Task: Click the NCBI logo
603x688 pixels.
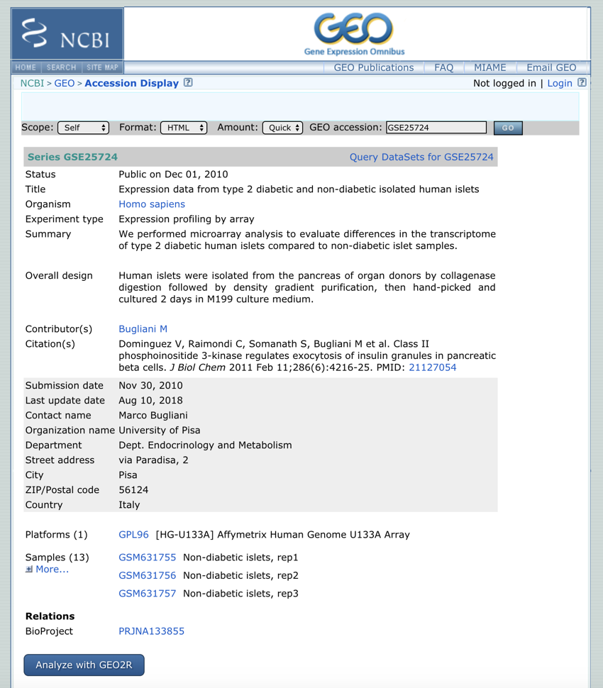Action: [x=67, y=34]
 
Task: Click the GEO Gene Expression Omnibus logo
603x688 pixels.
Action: [x=354, y=33]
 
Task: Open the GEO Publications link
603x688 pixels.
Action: [x=374, y=68]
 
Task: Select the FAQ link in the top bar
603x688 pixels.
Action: [x=443, y=68]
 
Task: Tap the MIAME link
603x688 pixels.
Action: [x=489, y=68]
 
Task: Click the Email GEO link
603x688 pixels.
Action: [x=551, y=68]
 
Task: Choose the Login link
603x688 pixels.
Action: [x=560, y=84]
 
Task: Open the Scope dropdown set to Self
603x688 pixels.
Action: [x=84, y=128]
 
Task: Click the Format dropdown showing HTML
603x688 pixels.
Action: [x=184, y=128]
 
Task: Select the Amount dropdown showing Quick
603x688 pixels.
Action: [x=283, y=128]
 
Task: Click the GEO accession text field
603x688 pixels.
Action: [x=436, y=128]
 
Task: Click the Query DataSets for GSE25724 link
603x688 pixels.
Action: [x=421, y=157]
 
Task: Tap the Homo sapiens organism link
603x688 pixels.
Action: [x=152, y=204]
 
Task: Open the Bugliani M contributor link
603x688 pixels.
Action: [x=143, y=329]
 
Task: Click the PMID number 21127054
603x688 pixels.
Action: [x=433, y=367]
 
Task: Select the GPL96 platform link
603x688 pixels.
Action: [x=133, y=535]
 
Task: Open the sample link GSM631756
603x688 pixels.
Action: [x=147, y=575]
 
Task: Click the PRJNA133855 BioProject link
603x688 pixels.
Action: [x=151, y=631]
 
